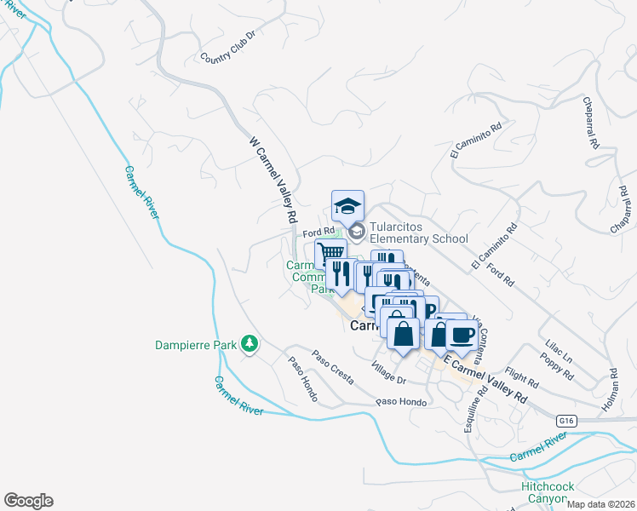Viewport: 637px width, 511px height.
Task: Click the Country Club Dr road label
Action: pyautogui.click(x=227, y=48)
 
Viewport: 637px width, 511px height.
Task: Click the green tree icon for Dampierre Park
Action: pyautogui.click(x=250, y=344)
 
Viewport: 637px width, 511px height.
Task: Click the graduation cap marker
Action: pyautogui.click(x=347, y=206)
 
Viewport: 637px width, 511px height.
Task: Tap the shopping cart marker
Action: pyautogui.click(x=330, y=252)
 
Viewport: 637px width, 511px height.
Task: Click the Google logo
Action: pyautogui.click(x=28, y=501)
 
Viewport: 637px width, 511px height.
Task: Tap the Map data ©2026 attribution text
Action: pyautogui.click(x=600, y=504)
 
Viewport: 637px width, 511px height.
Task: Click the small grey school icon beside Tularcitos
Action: pyautogui.click(x=356, y=231)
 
